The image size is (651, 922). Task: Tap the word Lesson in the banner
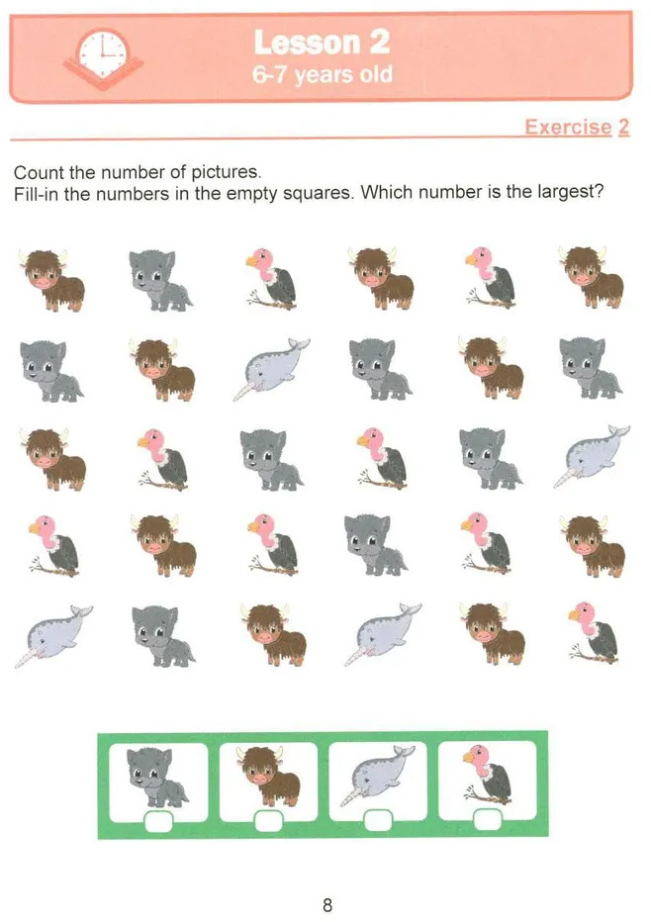305,43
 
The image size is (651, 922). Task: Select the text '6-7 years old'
322,74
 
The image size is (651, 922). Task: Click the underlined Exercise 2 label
577,127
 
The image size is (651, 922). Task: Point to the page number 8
327,904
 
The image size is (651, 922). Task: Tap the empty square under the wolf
158,821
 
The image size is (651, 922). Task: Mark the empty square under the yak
268,821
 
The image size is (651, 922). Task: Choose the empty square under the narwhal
378,820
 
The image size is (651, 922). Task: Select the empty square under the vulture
488,820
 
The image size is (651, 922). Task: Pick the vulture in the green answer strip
487,774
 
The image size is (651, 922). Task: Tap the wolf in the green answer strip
157,778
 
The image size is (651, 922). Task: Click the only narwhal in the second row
271,369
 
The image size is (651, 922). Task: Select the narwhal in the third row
592,456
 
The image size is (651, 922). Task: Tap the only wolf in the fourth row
375,545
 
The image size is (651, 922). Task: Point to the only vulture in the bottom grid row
594,633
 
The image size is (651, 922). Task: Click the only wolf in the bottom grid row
162,636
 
